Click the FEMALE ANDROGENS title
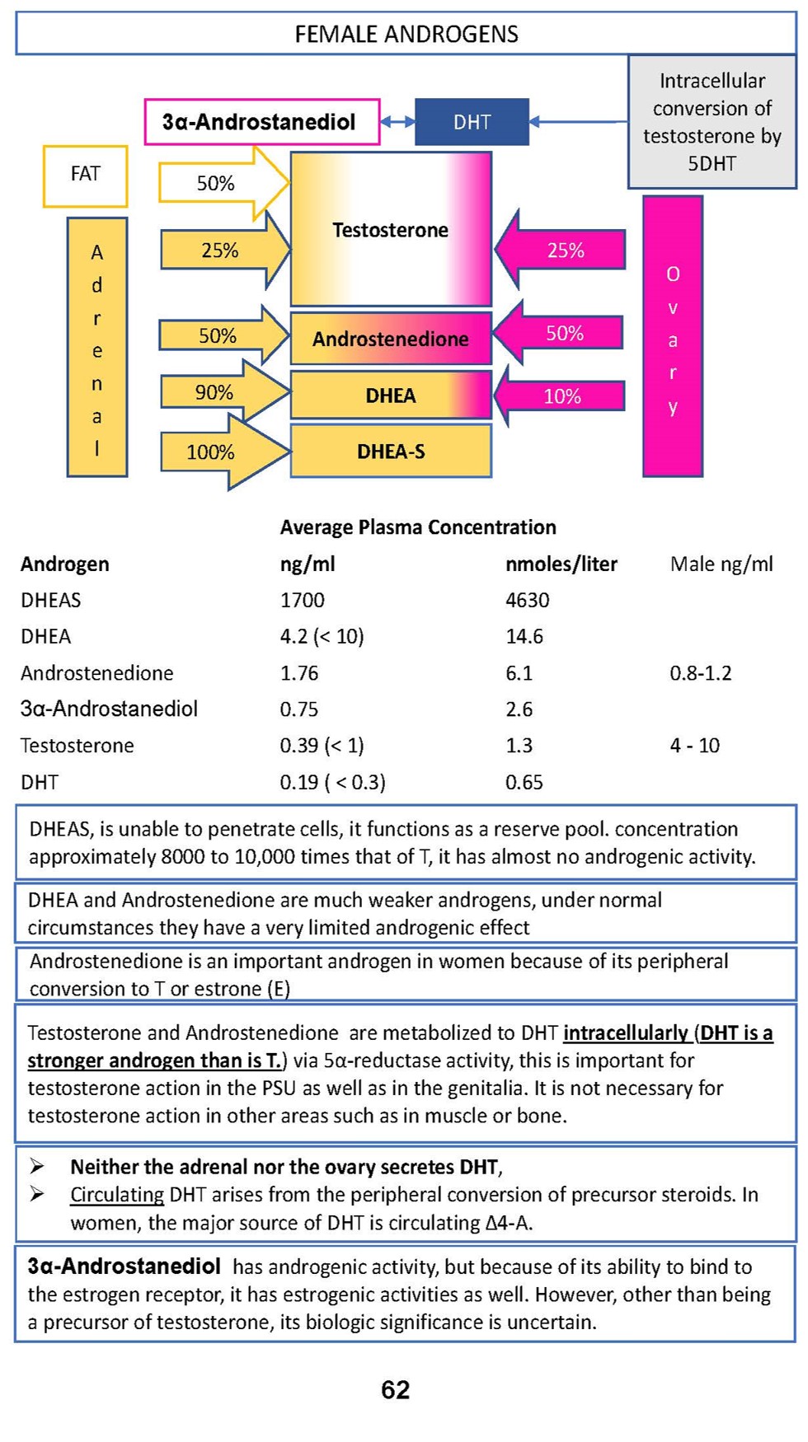pyautogui.click(x=406, y=34)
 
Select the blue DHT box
pyautogui.click(x=472, y=122)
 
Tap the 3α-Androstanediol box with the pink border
pyautogui.click(x=261, y=122)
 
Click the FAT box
pyautogui.click(x=85, y=175)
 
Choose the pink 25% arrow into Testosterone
pyautogui.click(x=564, y=250)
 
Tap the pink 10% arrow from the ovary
pyautogui.click(x=562, y=396)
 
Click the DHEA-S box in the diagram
pyautogui.click(x=391, y=452)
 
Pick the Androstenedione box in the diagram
pyautogui.click(x=391, y=339)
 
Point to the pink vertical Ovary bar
pyautogui.click(x=673, y=338)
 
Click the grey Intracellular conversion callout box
pyautogui.click(x=712, y=122)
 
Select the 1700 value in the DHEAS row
pyautogui.click(x=303, y=600)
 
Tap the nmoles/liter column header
pyautogui.click(x=561, y=564)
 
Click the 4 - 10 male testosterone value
pyautogui.click(x=694, y=746)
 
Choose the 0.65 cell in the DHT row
pyautogui.click(x=524, y=782)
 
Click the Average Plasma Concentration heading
pyautogui.click(x=418, y=527)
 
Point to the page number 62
pyautogui.click(x=396, y=1390)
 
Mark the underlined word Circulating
pyautogui.click(x=117, y=1195)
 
